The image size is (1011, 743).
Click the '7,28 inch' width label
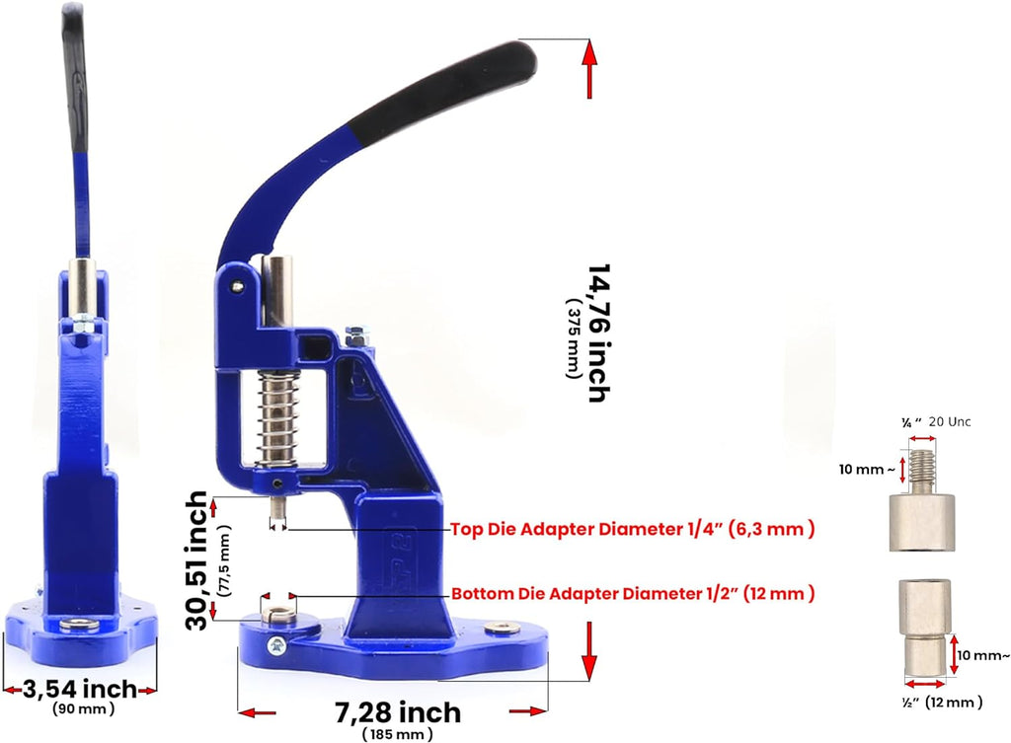coord(398,712)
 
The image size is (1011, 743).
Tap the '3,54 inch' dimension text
coord(80,689)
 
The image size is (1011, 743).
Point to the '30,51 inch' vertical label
coord(196,560)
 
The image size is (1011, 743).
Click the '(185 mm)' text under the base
coord(397,734)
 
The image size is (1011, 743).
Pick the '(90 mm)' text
coord(83,708)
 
